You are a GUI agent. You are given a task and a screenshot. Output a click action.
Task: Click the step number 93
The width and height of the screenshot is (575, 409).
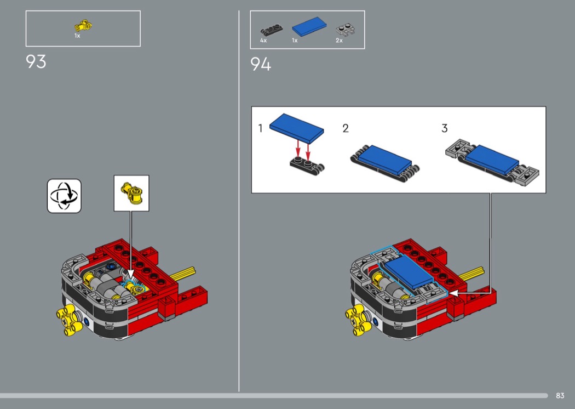(x=36, y=62)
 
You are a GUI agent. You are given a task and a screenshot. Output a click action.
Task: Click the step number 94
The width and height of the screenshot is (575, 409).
(x=261, y=64)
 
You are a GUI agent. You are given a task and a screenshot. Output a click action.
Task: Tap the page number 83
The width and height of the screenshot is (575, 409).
(x=560, y=395)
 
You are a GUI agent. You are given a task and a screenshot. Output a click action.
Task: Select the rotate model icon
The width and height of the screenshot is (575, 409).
(x=64, y=196)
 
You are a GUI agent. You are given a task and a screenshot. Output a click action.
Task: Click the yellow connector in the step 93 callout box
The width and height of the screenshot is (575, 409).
(x=131, y=193)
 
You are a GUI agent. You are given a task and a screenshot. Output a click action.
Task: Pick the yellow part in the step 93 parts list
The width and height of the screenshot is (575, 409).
(x=83, y=26)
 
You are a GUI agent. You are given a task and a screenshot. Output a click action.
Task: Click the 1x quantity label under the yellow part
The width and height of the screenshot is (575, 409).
(x=77, y=36)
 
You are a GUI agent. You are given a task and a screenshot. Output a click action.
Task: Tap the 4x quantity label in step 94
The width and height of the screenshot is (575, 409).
(x=263, y=41)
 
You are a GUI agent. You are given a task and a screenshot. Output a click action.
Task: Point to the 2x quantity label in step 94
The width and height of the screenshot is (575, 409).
(x=339, y=41)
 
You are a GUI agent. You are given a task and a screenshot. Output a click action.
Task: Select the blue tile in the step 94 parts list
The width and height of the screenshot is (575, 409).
(x=309, y=26)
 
